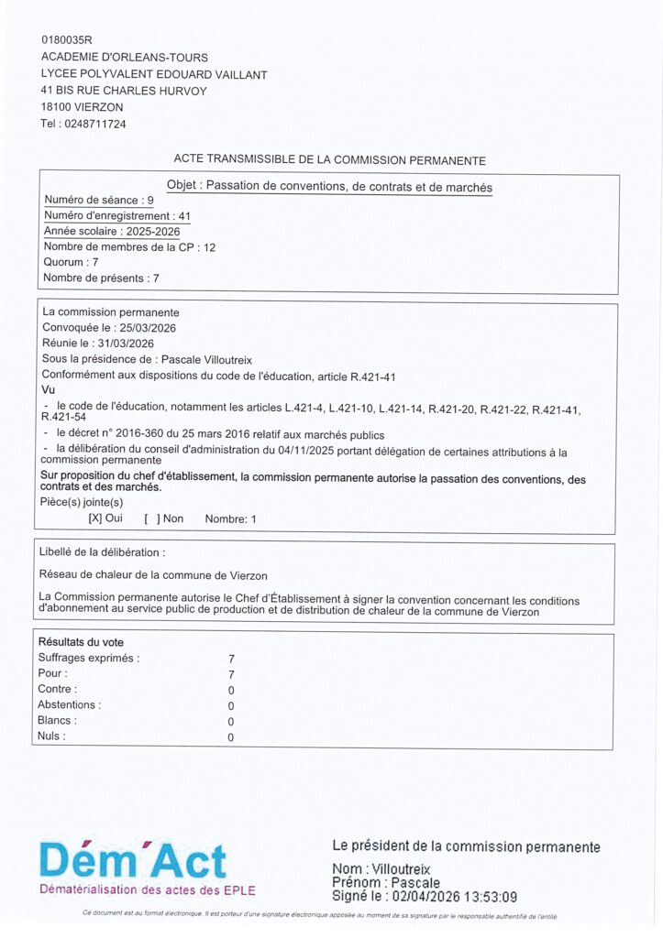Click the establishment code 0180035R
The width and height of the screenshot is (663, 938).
[x=67, y=39]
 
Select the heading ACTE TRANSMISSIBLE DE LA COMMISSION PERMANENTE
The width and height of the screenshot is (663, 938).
[x=329, y=160]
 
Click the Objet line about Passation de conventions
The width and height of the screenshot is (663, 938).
[x=329, y=187]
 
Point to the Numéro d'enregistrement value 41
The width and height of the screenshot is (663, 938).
[x=185, y=215]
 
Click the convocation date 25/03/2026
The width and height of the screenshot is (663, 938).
[x=145, y=328]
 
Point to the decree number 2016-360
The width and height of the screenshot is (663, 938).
[x=141, y=434]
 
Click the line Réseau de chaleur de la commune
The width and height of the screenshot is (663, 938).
[x=153, y=575]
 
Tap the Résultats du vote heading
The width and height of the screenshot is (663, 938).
[x=81, y=641]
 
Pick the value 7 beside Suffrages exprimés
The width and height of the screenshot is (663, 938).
[x=231, y=658]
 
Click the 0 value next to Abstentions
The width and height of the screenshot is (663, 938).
[x=231, y=705]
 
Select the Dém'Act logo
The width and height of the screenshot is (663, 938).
[x=134, y=862]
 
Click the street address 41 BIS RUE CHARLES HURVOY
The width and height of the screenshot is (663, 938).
[x=124, y=91]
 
